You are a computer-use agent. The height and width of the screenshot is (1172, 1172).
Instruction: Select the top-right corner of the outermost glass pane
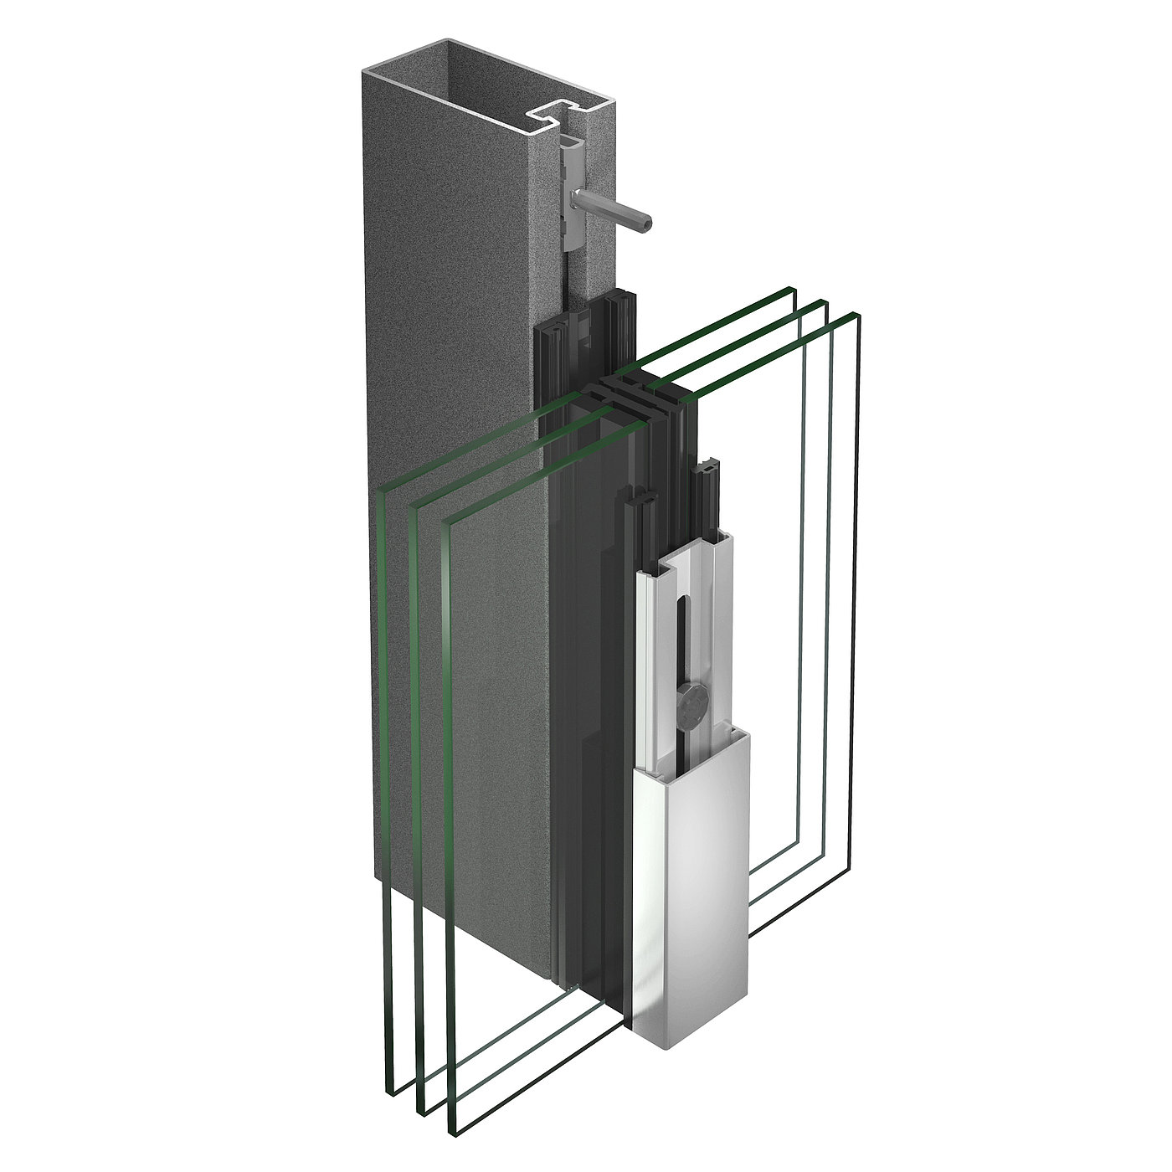(x=855, y=315)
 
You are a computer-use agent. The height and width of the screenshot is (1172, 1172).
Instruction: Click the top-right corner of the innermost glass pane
(x=790, y=289)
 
